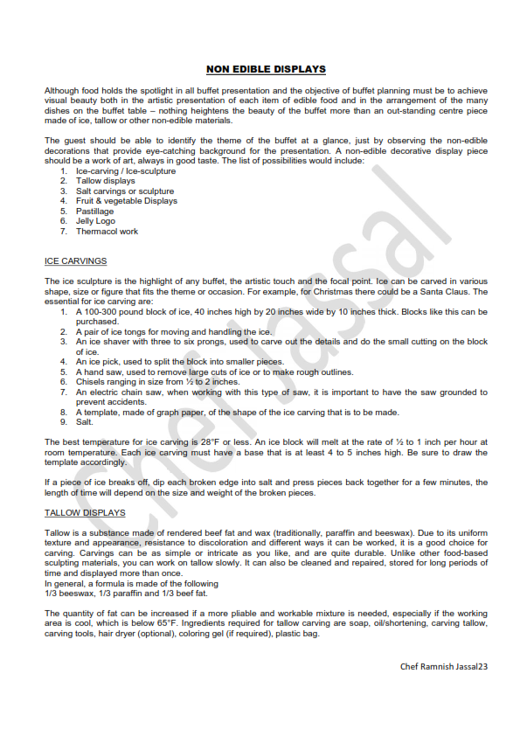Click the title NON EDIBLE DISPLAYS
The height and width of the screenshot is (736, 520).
[x=266, y=68]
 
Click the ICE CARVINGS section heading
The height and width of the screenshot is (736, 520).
[x=75, y=260]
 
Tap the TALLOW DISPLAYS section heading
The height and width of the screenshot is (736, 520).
[x=85, y=512]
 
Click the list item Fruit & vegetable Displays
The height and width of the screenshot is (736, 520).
[x=126, y=201]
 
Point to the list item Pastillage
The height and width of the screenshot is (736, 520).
[x=97, y=211]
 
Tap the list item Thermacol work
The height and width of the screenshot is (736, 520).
[x=107, y=232]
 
